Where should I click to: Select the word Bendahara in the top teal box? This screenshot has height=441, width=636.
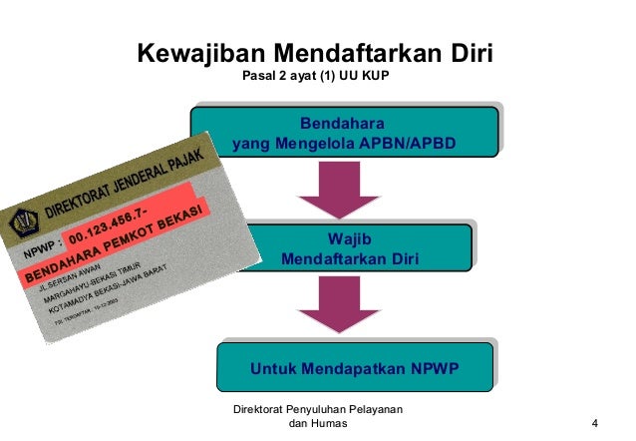(343, 124)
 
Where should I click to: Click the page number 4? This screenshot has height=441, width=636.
(595, 424)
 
